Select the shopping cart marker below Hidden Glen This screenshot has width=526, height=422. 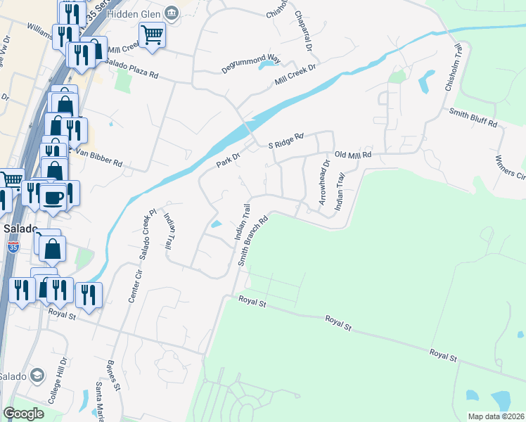point(152,34)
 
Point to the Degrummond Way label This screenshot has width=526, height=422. point(230,62)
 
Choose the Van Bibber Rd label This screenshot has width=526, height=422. point(98,158)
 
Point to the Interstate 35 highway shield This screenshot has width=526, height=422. point(13,246)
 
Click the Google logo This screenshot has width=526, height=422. point(23,413)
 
